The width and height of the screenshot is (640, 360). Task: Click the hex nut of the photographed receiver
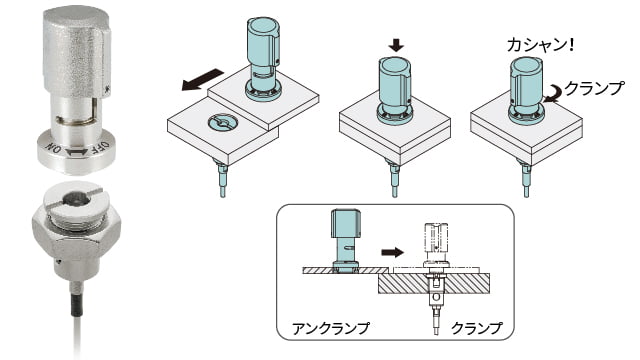(x=78, y=226)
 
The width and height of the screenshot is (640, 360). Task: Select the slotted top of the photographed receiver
(x=78, y=198)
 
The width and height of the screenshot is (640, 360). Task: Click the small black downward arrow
(x=395, y=44)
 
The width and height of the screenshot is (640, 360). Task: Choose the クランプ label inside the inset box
(x=476, y=326)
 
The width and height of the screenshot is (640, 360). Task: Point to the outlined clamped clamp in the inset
(x=437, y=245)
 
